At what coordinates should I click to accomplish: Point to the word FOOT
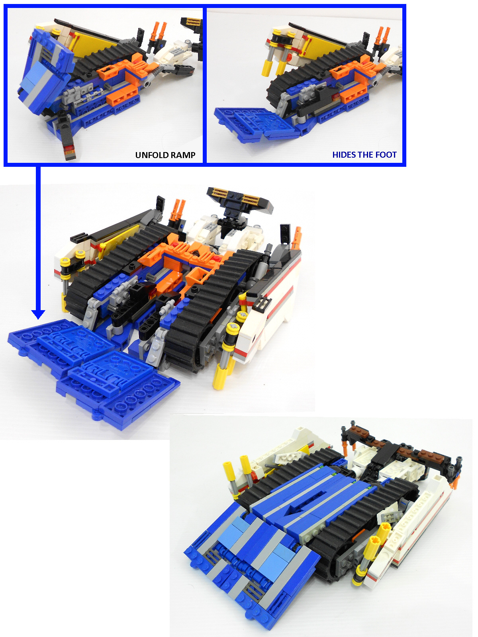point(386,155)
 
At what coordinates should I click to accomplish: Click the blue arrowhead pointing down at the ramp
point(38,314)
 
